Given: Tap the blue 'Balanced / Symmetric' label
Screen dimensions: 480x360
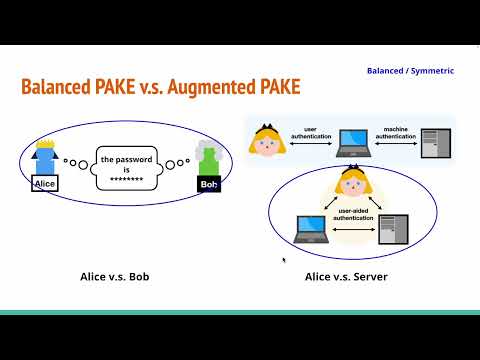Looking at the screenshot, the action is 410,71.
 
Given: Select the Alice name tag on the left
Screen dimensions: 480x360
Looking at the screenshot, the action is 45,184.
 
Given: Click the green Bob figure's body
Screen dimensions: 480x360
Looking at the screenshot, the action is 208,164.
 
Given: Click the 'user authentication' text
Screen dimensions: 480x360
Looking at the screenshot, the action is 310,133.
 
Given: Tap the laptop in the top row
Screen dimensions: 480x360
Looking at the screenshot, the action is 351,143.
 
